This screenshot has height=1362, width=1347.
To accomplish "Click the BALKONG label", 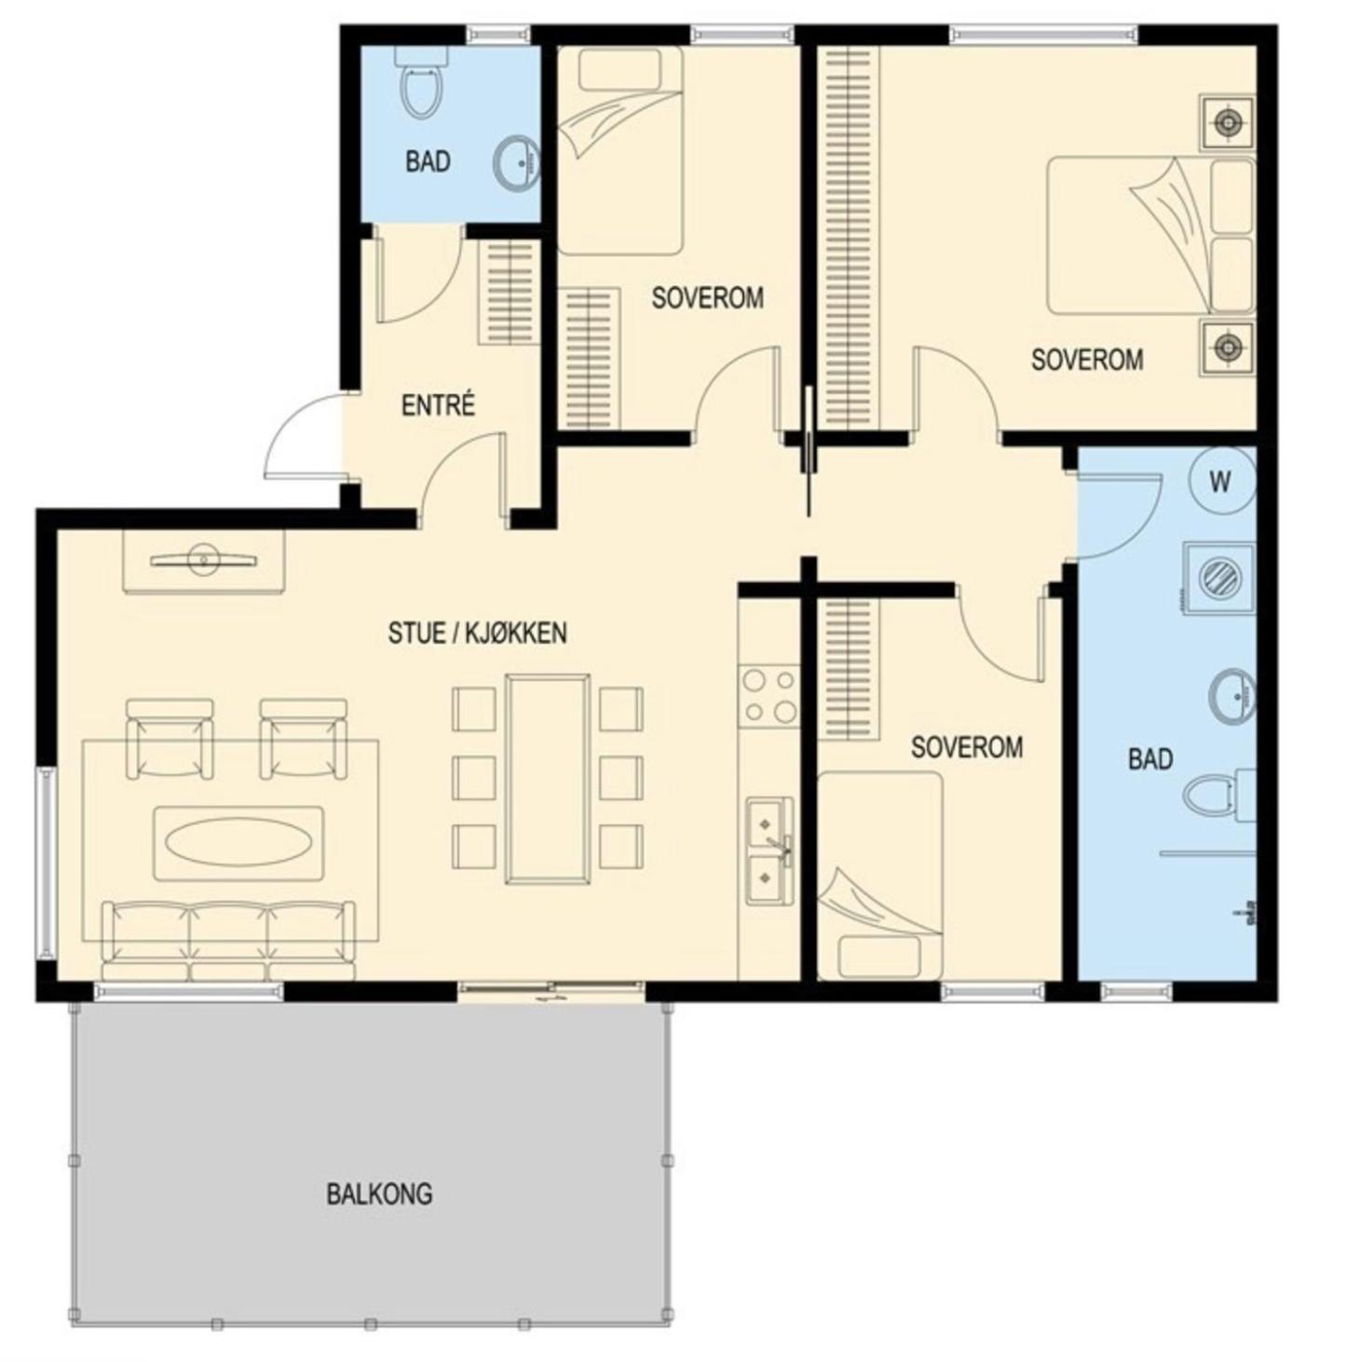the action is tap(379, 1193).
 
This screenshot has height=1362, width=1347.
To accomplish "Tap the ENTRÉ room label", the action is tap(438, 405).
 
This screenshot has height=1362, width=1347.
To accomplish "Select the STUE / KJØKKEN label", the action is tap(477, 633).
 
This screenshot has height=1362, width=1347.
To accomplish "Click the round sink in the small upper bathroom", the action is tap(516, 163).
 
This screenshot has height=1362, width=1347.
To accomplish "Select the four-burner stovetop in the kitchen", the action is tap(769, 696).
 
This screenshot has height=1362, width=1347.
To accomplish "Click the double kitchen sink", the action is tap(769, 851).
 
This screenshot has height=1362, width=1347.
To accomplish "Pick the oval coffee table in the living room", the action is tap(238, 843).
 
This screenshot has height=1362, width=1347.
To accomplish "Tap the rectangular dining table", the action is tap(548, 780).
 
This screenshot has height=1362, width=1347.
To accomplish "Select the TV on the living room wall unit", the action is tap(204, 560).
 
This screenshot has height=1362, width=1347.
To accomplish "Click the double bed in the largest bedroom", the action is tap(1150, 236).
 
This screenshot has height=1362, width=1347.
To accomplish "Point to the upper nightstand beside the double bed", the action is tap(1227, 123).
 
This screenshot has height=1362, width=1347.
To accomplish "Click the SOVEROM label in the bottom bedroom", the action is tap(966, 748).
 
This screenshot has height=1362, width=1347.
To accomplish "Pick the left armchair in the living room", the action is tap(169, 740).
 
